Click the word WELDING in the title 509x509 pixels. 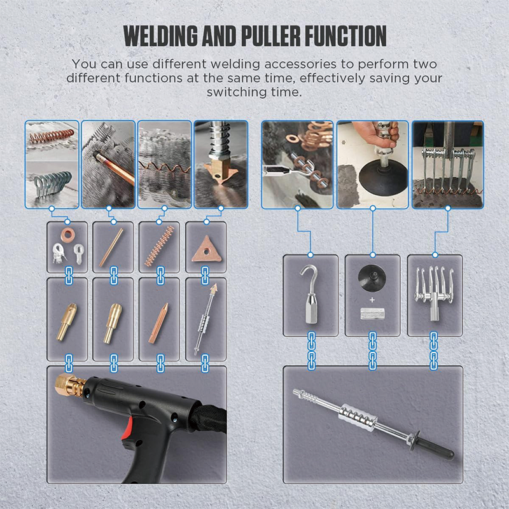point(161,36)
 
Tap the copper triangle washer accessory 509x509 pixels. point(206,249)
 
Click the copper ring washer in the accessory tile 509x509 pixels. point(67,235)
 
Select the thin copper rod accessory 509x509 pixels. point(111,248)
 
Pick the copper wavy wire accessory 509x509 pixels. point(159,246)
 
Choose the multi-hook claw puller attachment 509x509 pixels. point(433,292)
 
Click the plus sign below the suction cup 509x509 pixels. point(372,300)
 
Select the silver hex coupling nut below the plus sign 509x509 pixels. point(372,314)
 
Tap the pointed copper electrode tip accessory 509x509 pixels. point(158,323)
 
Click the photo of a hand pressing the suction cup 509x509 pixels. point(372,165)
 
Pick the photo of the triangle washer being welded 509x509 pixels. point(221,165)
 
